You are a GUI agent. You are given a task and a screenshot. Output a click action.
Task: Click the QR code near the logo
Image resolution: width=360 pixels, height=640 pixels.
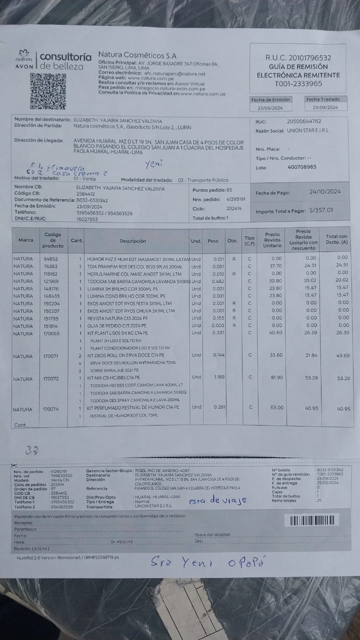pyautogui.click(x=40, y=91)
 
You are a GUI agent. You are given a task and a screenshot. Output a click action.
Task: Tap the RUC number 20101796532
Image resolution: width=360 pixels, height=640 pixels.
pyautogui.click(x=298, y=58)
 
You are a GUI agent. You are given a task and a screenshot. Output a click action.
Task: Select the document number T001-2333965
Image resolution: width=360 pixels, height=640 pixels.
pyautogui.click(x=298, y=83)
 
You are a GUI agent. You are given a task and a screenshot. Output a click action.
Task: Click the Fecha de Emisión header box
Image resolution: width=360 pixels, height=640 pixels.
pyautogui.click(x=270, y=99)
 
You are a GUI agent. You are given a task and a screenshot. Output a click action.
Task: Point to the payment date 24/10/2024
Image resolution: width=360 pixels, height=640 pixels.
pyautogui.click(x=324, y=191)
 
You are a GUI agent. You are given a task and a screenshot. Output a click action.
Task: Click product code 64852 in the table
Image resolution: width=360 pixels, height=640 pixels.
pyautogui.click(x=50, y=258)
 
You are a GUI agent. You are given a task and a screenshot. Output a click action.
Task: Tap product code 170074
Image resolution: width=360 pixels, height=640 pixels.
pyautogui.click(x=50, y=409)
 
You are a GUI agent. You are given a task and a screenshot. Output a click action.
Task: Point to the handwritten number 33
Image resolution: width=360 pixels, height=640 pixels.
pyautogui.click(x=32, y=450)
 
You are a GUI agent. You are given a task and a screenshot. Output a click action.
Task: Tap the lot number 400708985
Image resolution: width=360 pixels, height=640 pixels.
pyautogui.click(x=302, y=167)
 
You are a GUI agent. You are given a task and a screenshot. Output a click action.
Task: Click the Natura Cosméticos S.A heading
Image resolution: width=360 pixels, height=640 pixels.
pyautogui.click(x=136, y=55)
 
